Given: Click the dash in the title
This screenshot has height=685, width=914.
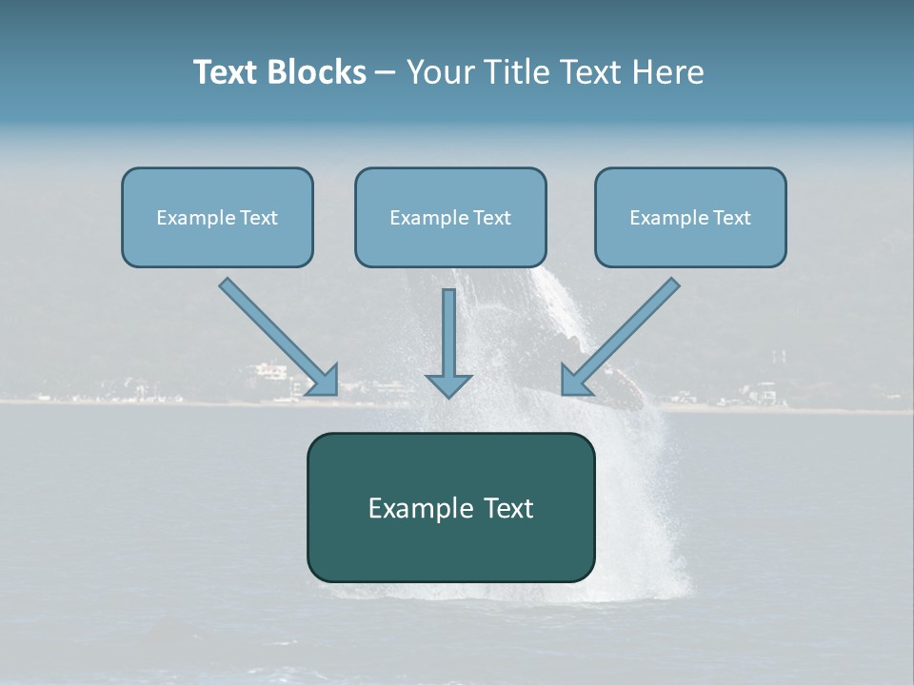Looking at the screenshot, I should pos(386,73).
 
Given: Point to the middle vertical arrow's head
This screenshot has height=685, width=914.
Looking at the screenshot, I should pos(448,384).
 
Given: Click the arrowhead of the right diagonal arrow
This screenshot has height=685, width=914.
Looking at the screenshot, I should pos(575,380).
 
